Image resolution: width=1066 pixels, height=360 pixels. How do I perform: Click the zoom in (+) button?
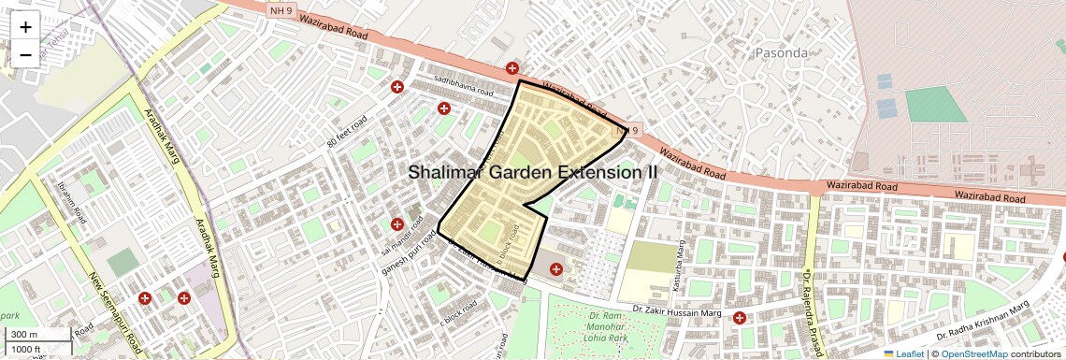(x=25, y=26)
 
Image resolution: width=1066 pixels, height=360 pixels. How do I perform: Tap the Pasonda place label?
(x=781, y=53)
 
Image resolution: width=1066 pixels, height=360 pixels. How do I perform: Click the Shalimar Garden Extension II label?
(x=533, y=172)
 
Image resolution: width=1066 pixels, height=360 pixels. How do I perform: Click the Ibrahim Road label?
(x=71, y=202)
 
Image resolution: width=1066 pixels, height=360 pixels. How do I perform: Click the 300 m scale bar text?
(x=24, y=335)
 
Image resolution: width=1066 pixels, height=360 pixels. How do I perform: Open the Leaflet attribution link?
(x=903, y=353)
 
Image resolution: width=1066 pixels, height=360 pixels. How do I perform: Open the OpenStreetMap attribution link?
(x=974, y=353)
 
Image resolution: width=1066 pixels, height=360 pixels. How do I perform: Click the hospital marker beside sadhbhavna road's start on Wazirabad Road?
(x=511, y=68)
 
